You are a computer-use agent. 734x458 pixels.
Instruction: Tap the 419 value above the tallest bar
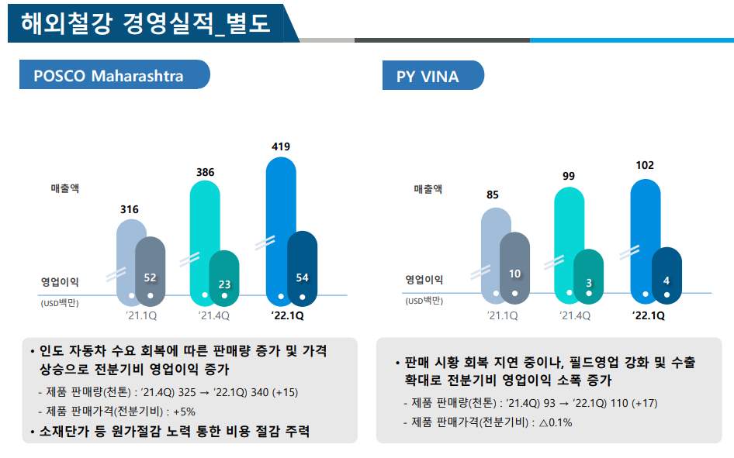[281, 146]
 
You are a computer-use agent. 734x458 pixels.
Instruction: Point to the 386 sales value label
[205, 172]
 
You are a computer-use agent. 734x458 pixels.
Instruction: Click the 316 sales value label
[130, 209]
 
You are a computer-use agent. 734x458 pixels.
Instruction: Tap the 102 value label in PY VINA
[645, 165]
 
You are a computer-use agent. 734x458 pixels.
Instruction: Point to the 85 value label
[493, 195]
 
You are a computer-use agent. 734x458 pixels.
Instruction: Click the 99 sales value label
[569, 177]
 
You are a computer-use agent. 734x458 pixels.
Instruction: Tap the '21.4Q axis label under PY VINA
[574, 315]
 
